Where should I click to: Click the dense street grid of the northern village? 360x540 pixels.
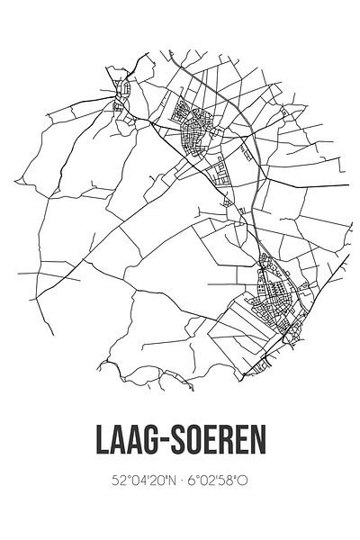193,130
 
